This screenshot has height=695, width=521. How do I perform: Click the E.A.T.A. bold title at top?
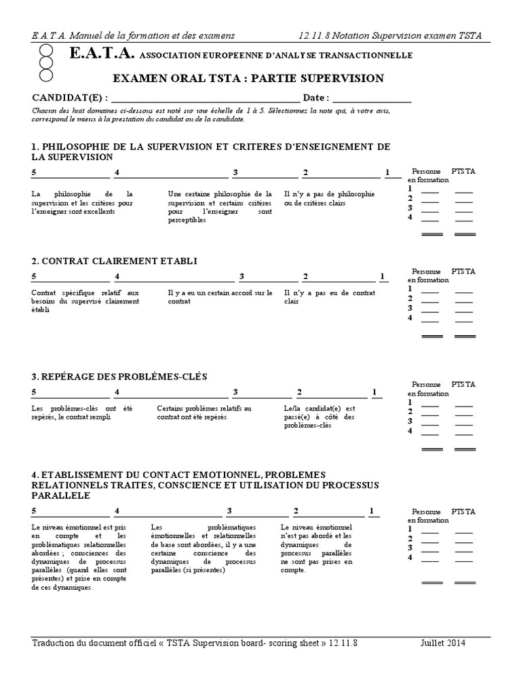102,54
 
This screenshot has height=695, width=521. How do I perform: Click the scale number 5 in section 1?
34,172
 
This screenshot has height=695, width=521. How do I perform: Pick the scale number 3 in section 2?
242,276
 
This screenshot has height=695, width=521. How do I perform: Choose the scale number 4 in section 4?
117,510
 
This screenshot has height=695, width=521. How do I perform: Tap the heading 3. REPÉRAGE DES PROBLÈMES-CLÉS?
119,377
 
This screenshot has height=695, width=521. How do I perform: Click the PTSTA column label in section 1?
464,171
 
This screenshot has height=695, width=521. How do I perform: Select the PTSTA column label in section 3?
464,384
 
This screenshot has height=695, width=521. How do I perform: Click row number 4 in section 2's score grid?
410,318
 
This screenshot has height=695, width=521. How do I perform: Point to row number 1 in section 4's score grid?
410,529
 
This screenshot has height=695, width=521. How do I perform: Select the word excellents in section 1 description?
99,211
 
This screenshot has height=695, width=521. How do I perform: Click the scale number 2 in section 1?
305,172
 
